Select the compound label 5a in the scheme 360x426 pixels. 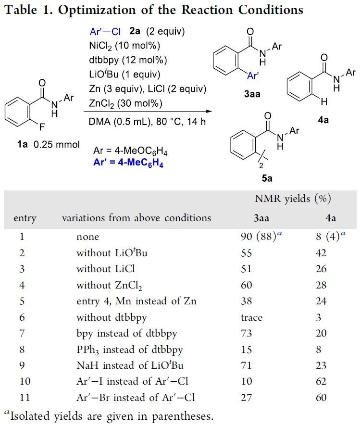coord(267,178)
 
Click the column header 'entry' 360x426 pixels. coord(25,218)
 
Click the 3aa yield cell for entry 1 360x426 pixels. coord(260,236)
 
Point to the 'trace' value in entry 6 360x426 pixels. coord(252,317)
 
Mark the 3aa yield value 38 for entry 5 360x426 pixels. coord(247,301)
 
